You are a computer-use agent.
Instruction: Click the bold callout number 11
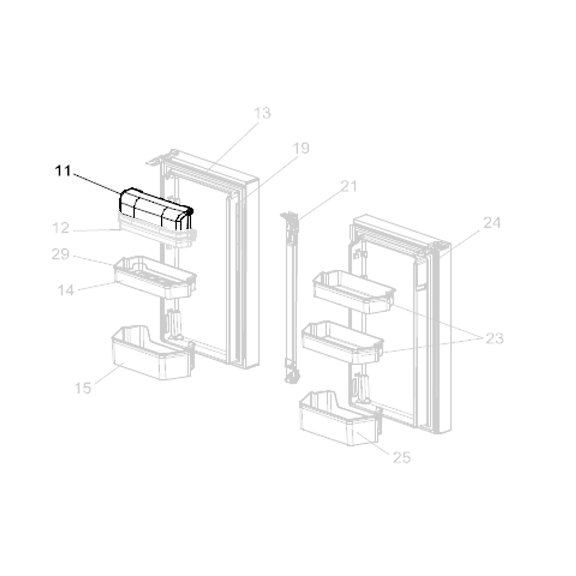click(62, 171)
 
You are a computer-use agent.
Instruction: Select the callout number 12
click(60, 228)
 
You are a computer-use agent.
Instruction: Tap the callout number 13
click(262, 113)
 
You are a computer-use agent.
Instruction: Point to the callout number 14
click(66, 290)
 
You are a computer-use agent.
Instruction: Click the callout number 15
click(82, 388)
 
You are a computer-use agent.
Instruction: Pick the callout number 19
click(301, 149)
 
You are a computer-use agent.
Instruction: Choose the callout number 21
click(348, 187)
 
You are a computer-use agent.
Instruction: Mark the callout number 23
click(494, 338)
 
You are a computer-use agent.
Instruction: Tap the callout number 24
click(492, 223)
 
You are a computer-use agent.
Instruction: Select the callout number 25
click(401, 458)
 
